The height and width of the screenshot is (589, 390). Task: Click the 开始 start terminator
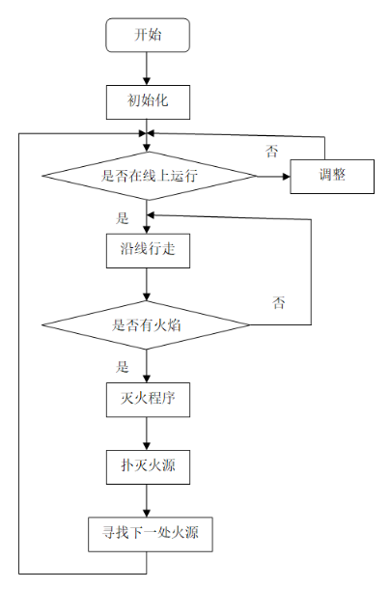(x=147, y=36)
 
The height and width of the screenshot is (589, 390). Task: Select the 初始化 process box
(x=147, y=99)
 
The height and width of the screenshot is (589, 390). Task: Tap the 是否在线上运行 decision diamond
(x=147, y=176)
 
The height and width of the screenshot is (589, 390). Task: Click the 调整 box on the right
(x=331, y=176)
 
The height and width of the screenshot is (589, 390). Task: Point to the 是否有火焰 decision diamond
(x=147, y=325)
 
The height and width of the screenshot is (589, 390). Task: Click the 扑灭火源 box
(x=147, y=467)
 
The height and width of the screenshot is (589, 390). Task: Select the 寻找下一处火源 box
(x=147, y=534)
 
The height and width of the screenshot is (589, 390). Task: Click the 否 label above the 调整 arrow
(x=273, y=152)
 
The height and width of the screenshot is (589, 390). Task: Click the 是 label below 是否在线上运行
(x=123, y=218)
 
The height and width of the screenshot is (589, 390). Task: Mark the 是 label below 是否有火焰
(x=123, y=367)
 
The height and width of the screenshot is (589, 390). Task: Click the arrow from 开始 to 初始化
(x=147, y=68)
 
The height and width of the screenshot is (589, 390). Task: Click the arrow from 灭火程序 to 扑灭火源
(x=147, y=434)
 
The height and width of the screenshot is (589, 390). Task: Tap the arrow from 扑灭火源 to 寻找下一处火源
(x=147, y=500)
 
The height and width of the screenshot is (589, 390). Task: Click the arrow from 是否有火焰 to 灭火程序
(x=147, y=365)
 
